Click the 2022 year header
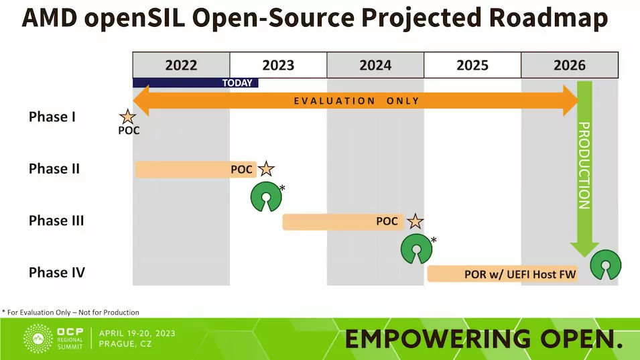(181, 65)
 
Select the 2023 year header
(278, 65)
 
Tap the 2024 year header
(375, 65)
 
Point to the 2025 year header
(472, 65)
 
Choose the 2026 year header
(570, 65)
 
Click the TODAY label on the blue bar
(237, 83)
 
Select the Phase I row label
(52, 117)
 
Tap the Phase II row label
(54, 168)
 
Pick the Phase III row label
(56, 220)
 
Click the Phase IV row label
(57, 272)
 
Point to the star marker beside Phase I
(127, 117)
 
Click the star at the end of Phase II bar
(267, 169)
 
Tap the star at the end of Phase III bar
(415, 221)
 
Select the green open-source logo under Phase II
(265, 196)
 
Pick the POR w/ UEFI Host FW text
(520, 274)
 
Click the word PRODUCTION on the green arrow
(584, 165)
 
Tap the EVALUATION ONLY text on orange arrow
(357, 101)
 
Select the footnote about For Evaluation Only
(70, 312)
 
